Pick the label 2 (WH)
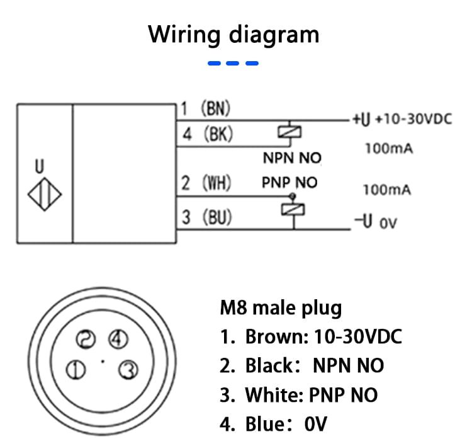coord(206,183)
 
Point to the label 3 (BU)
coord(206,218)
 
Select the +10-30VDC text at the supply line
coord(413,119)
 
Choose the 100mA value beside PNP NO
coord(386,189)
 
